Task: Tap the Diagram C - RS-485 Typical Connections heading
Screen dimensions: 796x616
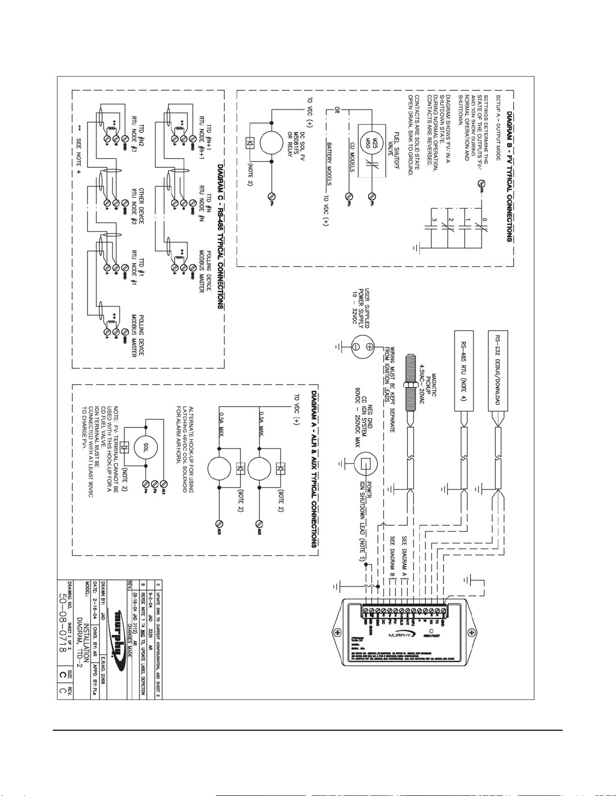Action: (220, 236)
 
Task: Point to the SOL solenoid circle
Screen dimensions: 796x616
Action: (145, 446)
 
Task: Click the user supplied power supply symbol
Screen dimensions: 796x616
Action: (363, 347)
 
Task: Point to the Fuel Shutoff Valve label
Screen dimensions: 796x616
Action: (393, 151)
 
